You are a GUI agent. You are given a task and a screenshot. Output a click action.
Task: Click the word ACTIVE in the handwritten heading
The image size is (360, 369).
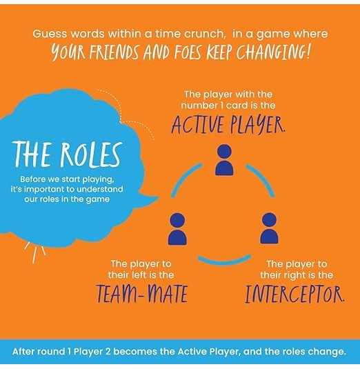(197, 125)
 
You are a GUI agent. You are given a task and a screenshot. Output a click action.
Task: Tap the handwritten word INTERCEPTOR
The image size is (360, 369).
(294, 294)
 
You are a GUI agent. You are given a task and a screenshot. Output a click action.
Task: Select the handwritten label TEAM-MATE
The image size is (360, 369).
(142, 294)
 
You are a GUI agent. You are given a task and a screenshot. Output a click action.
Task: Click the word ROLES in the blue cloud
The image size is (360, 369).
(91, 155)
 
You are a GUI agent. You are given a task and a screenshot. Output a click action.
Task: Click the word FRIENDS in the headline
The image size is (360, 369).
(114, 52)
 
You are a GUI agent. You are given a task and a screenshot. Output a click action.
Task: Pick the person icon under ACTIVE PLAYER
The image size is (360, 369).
(224, 160)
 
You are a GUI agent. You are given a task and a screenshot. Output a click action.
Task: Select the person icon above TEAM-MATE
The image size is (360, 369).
(177, 229)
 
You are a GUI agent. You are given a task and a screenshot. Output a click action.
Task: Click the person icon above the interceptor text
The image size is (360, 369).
(269, 228)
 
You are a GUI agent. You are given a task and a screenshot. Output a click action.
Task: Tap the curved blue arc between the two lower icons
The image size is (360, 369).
(224, 261)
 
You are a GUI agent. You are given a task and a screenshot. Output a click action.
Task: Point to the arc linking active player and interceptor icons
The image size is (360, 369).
(262, 179)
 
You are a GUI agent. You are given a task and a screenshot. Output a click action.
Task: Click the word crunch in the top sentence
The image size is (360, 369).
(203, 34)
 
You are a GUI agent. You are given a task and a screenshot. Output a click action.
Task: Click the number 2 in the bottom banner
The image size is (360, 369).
(108, 352)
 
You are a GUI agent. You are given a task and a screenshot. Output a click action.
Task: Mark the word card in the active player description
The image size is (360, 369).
(237, 106)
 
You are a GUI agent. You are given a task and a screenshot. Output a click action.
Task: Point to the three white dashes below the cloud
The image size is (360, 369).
(35, 251)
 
